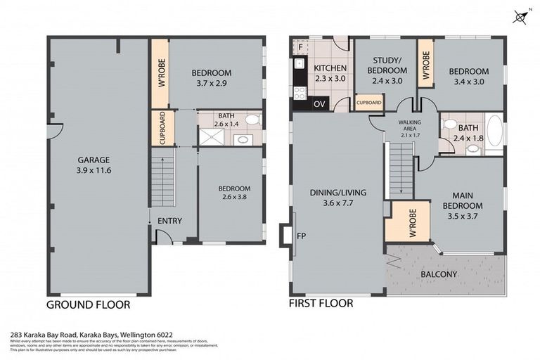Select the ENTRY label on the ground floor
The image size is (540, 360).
tap(169, 221)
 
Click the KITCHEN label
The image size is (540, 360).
tap(330, 68)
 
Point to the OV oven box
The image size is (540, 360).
tap(319, 104)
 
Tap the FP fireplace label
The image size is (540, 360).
tap(301, 236)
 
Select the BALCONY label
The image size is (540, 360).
tap(439, 274)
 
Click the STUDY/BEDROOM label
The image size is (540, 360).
tap(388, 66)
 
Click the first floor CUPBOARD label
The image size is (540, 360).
tap(369, 103)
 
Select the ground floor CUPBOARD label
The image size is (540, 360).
tap(161, 128)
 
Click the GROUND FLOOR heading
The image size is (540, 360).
tap(88, 305)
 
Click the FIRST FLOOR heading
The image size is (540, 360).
tap(321, 304)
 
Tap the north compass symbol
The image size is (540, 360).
tap(520, 16)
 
